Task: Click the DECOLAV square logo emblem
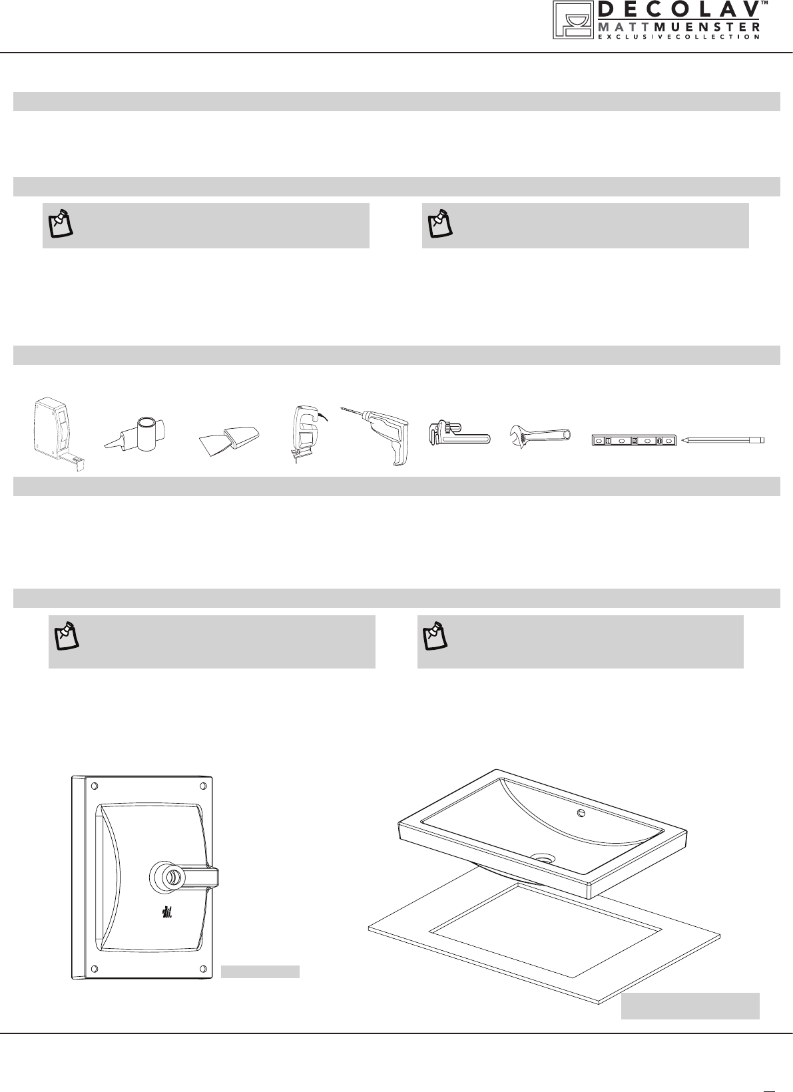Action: pos(570,20)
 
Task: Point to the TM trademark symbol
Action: pos(764,4)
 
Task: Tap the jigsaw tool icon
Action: pos(305,432)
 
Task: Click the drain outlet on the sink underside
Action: pos(168,876)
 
